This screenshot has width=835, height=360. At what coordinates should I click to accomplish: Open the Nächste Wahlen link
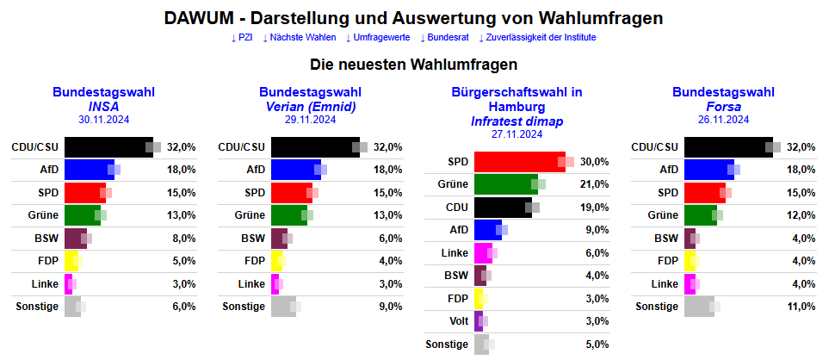click(x=300, y=38)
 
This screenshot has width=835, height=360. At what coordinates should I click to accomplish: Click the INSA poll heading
click(x=103, y=107)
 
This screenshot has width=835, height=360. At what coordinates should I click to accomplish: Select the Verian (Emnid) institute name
click(x=310, y=107)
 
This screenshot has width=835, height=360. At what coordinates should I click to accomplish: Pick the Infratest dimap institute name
click(x=516, y=121)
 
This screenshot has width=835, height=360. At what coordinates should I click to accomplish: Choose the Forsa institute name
click(x=723, y=107)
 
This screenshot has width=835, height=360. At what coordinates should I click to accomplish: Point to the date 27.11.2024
click(x=516, y=134)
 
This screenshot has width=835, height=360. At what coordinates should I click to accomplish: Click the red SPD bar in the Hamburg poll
click(x=518, y=162)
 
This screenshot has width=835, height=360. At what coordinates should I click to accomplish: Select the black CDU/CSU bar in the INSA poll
click(x=108, y=147)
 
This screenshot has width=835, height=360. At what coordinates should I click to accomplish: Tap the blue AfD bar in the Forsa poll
click(x=708, y=170)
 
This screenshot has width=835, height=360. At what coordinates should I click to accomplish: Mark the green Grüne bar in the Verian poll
click(x=288, y=215)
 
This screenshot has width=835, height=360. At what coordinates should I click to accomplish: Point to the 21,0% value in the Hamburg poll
click(x=594, y=184)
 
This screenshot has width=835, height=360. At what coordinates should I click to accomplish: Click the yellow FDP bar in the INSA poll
click(x=71, y=261)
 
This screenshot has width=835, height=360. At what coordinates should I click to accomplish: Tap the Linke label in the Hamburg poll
click(x=455, y=252)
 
